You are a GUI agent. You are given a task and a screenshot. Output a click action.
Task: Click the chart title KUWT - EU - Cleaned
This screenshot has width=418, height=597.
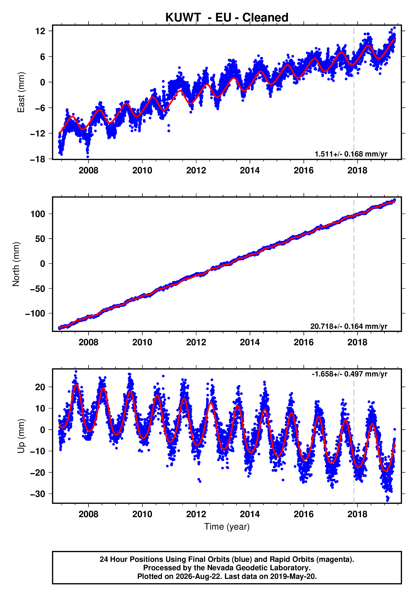[x=227, y=17]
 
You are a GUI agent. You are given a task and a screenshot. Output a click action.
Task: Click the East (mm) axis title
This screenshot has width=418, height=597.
[x=21, y=92]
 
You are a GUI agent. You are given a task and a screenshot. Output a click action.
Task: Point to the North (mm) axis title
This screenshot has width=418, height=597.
[x=16, y=264]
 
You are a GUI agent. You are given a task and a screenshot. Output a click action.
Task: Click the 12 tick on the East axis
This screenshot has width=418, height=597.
[x=40, y=31]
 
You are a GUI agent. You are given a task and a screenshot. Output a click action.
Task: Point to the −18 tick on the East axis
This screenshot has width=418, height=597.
[x=38, y=159]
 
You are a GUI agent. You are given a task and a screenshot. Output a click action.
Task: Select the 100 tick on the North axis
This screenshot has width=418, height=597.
[x=38, y=214]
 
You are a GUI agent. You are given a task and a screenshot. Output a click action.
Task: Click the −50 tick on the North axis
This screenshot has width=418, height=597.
[x=38, y=289]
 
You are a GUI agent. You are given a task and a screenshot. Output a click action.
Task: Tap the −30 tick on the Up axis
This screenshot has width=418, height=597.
[x=38, y=494]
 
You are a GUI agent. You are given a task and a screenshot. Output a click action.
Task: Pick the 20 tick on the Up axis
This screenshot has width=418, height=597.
[x=40, y=387]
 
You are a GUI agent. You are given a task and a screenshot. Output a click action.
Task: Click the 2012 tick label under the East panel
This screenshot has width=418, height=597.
[x=196, y=171]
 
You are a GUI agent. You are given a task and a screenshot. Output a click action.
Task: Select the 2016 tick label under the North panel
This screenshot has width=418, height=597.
[x=304, y=343]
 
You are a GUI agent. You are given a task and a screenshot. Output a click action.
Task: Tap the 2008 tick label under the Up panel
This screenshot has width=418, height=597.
[x=89, y=514]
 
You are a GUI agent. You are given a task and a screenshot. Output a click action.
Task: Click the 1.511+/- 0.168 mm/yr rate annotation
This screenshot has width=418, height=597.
[x=351, y=154]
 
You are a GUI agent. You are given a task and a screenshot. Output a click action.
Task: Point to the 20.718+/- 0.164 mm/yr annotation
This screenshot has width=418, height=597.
[x=349, y=326]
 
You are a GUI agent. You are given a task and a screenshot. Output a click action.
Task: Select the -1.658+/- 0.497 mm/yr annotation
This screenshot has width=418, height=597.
[x=350, y=374]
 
